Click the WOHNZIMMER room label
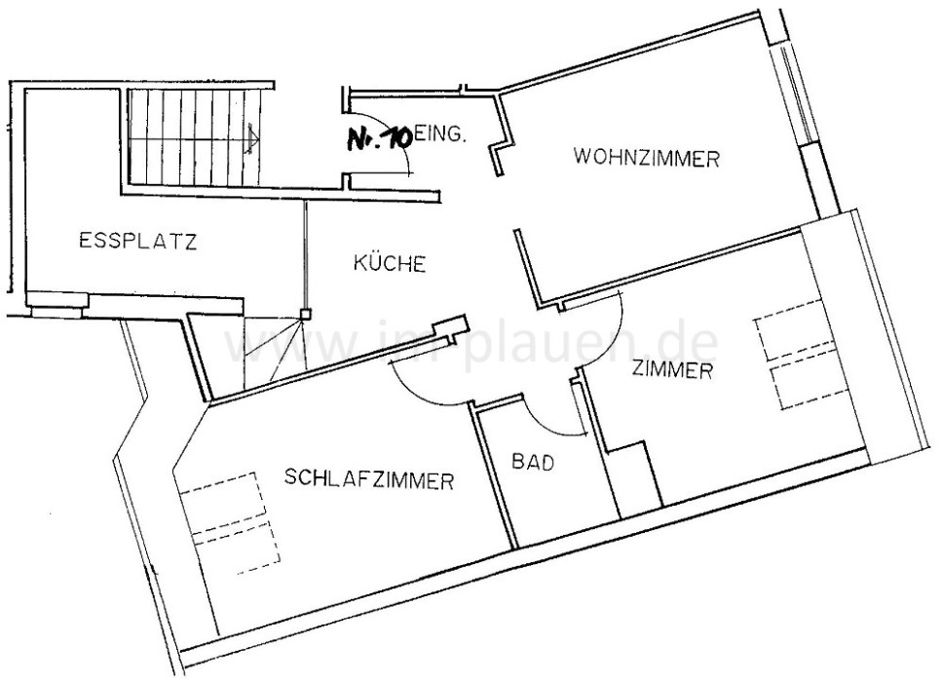[x=647, y=158]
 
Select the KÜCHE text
[x=389, y=263]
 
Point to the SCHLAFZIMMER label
[x=370, y=479]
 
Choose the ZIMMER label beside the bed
[x=673, y=370]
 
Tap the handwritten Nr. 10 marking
[x=378, y=138]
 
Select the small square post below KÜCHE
[x=304, y=315]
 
